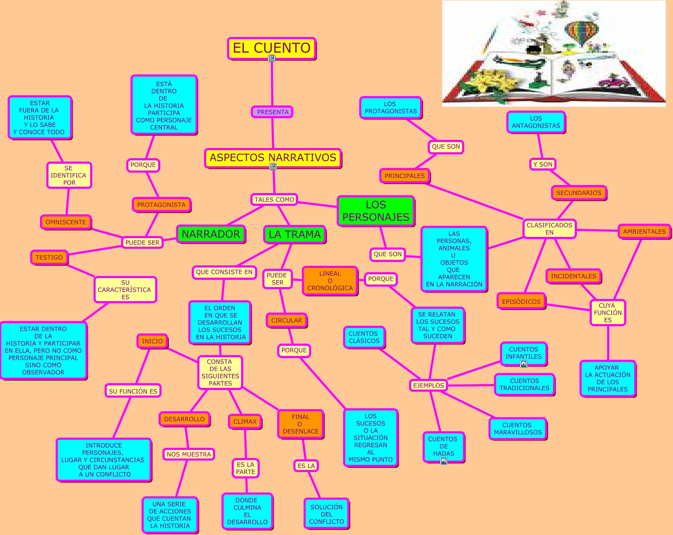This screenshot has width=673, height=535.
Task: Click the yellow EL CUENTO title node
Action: [271, 48]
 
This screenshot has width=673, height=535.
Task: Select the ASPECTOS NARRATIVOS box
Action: [273, 158]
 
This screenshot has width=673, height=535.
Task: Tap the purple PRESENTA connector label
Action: [273, 112]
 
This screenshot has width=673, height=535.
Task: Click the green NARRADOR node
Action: [211, 234]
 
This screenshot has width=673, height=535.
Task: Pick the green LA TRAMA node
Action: [294, 234]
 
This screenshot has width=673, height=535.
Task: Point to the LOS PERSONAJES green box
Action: [375, 211]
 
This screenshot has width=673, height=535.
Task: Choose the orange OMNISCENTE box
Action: [66, 222]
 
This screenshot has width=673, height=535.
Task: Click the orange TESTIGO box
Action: [49, 257]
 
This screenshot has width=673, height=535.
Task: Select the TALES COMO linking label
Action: [274, 199]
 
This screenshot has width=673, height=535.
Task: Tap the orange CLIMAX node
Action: [245, 421]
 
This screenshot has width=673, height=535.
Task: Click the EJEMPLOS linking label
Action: [429, 385]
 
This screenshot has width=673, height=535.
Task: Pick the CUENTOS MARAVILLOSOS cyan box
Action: [517, 429]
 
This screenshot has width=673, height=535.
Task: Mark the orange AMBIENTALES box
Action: [644, 231]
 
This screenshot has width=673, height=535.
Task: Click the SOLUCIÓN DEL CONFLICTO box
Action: [327, 514]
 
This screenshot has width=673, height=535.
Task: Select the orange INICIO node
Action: [152, 341]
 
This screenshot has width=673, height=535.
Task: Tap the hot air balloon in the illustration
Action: [582, 31]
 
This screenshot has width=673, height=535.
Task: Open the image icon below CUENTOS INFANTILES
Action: [524, 364]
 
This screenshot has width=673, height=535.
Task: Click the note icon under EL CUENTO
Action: [272, 58]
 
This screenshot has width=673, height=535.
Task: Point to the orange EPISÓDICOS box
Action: [521, 302]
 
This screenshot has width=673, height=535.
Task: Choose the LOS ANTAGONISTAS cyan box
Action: [536, 122]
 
